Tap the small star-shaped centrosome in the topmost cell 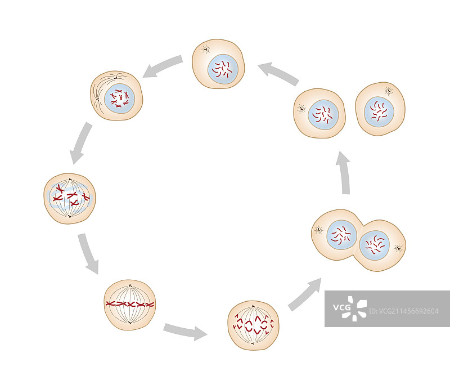(x=205, y=50)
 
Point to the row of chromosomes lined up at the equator (x=129, y=304)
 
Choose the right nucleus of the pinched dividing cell (x=375, y=245)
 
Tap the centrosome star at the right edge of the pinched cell (x=398, y=248)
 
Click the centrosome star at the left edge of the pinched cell (x=318, y=229)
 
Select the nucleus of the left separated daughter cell (x=323, y=114)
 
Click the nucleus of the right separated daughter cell (x=379, y=110)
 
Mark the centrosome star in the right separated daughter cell (x=389, y=91)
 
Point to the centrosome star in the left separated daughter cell (x=301, y=108)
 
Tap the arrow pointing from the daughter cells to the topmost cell (x=278, y=74)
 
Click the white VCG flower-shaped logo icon (x=356, y=308)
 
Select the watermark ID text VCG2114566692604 (x=405, y=311)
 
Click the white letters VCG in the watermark (x=342, y=307)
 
